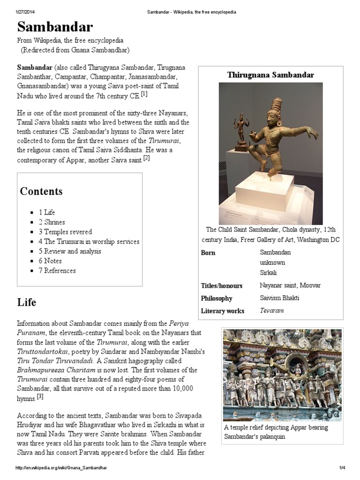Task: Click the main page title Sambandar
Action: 55,26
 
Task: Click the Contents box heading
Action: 41,191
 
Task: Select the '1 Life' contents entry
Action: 47,212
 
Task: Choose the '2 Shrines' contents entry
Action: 52,222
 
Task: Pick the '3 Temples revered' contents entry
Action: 65,232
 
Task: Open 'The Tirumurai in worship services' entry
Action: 89,241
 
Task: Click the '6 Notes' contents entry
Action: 50,261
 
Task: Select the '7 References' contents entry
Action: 57,270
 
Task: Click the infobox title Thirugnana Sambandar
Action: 270,75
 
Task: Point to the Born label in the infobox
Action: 208,253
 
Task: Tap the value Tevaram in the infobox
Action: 272,310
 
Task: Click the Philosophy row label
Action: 217,298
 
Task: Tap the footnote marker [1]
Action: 144,94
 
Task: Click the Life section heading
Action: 27,302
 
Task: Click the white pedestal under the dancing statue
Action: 264,192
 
